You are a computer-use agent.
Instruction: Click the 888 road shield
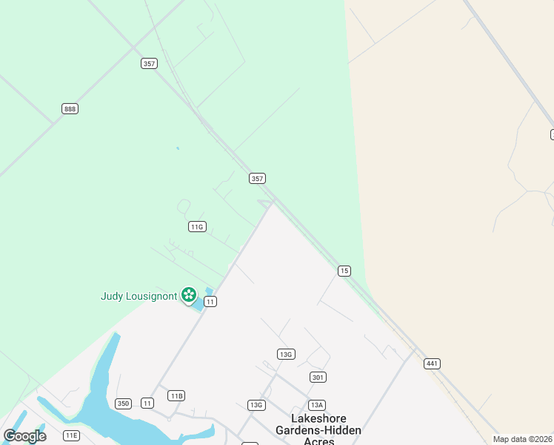pyautogui.click(x=70, y=109)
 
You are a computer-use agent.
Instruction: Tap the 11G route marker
pyautogui.click(x=196, y=227)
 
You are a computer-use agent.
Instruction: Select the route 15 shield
pyautogui.click(x=344, y=271)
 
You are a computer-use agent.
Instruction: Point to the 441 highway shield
pyautogui.click(x=433, y=363)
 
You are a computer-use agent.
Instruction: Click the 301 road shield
pyautogui.click(x=318, y=378)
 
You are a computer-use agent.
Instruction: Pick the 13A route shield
pyautogui.click(x=317, y=405)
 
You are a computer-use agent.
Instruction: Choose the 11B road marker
pyautogui.click(x=176, y=395)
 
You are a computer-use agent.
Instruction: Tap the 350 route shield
pyautogui.click(x=123, y=403)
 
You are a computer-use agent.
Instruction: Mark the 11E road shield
pyautogui.click(x=71, y=435)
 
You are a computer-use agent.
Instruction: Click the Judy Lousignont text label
pyautogui.click(x=138, y=297)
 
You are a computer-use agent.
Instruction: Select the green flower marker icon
pyautogui.click(x=189, y=296)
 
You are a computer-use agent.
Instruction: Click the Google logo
pyautogui.click(x=24, y=436)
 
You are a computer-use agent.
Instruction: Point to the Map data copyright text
pyautogui.click(x=523, y=439)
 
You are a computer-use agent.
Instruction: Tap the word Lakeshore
pyautogui.click(x=318, y=419)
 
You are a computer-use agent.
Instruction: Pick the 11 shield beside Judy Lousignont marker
pyautogui.click(x=210, y=301)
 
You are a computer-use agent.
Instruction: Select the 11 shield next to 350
pyautogui.click(x=147, y=403)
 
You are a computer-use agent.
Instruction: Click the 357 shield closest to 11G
pyautogui.click(x=257, y=179)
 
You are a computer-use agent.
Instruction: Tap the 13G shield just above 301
pyautogui.click(x=286, y=355)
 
